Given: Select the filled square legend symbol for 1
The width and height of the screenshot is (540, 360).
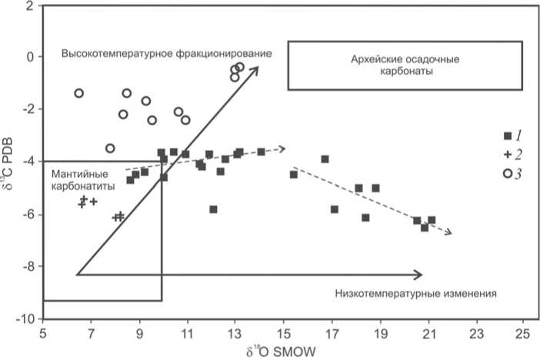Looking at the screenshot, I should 507,135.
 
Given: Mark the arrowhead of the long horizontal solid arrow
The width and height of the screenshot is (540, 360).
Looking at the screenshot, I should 419,275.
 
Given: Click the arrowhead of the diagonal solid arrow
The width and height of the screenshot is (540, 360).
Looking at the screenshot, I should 255,70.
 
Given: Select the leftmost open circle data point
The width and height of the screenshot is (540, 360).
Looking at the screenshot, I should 78,93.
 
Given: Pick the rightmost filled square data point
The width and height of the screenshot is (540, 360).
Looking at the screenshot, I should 432,220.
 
